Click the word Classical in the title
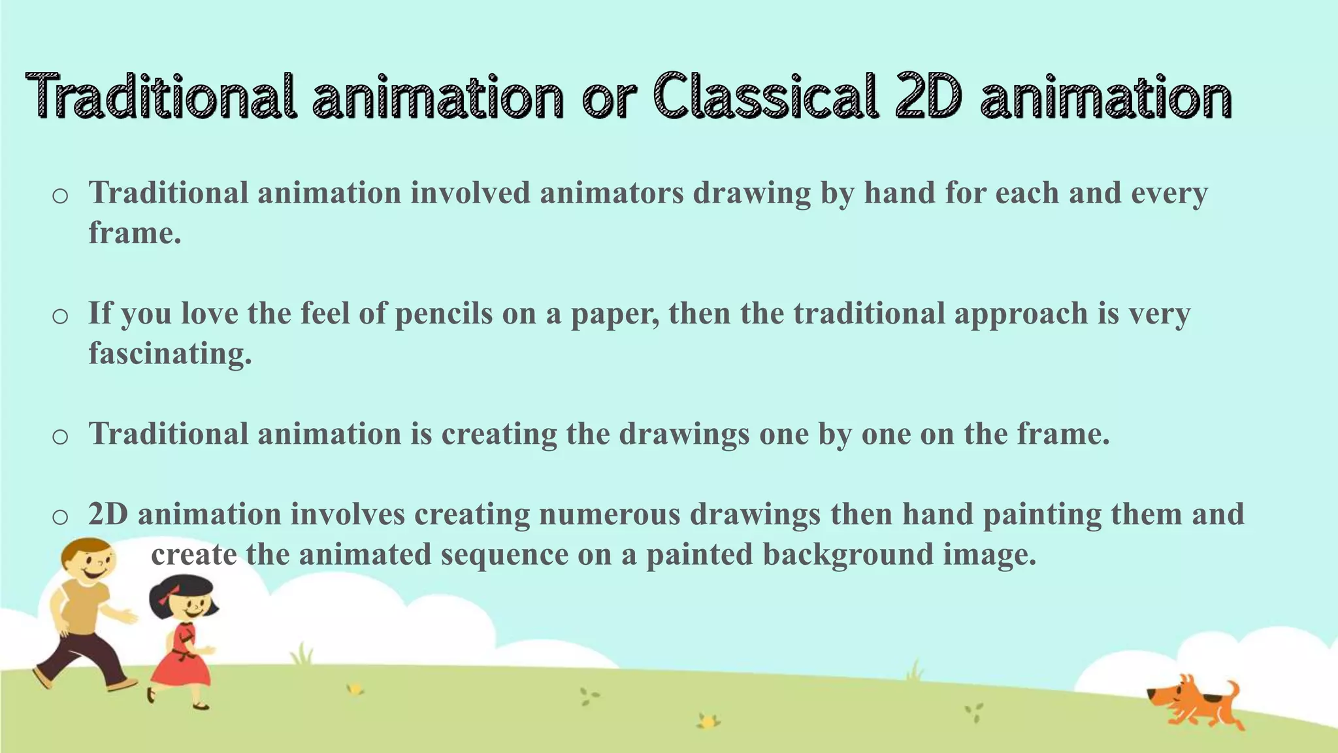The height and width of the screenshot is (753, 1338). (x=765, y=97)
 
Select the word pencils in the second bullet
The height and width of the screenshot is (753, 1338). (x=444, y=314)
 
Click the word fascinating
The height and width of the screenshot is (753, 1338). (x=170, y=354)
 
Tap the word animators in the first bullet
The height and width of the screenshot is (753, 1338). (x=612, y=193)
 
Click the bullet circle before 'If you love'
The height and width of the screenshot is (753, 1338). (x=60, y=316)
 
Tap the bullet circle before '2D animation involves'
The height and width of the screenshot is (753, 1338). (x=60, y=517)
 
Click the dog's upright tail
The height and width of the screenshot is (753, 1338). (x=1232, y=690)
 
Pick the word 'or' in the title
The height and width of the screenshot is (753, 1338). (x=608, y=97)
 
